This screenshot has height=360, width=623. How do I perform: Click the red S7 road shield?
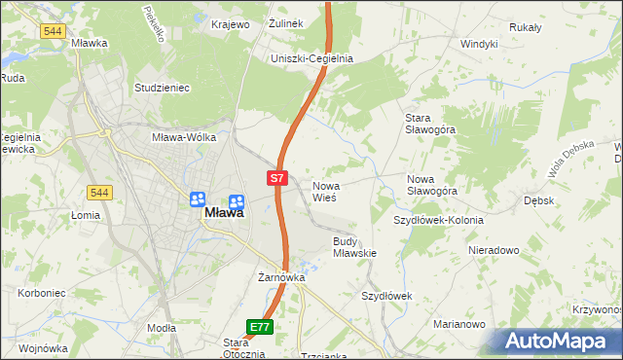(x=277, y=178)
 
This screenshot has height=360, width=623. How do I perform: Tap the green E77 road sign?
(x=259, y=327)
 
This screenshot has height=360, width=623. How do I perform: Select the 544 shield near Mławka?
(x=54, y=31)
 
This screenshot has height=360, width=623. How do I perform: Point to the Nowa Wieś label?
(x=324, y=191)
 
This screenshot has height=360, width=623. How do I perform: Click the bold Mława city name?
(x=223, y=214)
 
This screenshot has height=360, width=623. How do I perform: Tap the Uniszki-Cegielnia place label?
(x=311, y=58)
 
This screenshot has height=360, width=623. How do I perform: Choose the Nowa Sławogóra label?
(x=432, y=185)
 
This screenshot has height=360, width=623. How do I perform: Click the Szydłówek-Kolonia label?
(x=438, y=220)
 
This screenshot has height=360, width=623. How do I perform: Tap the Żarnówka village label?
(x=282, y=277)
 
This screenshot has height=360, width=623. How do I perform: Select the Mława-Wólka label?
(x=184, y=137)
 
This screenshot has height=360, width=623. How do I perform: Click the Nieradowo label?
(x=494, y=250)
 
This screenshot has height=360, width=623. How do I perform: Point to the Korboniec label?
(x=41, y=292)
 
